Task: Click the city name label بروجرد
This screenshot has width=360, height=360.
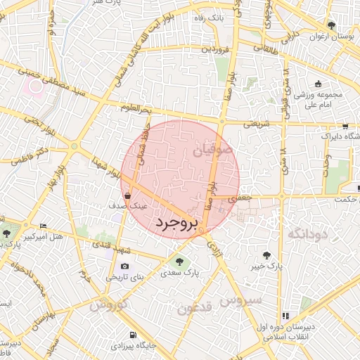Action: (176, 224)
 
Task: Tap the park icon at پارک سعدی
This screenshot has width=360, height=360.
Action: (178, 262)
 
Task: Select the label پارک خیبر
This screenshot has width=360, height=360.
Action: (266, 267)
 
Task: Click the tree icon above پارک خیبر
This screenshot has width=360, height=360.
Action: (266, 255)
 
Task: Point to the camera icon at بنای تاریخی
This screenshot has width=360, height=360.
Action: (125, 266)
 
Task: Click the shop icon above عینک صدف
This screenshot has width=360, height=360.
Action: (127, 195)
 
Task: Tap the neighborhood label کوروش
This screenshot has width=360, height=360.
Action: (108, 305)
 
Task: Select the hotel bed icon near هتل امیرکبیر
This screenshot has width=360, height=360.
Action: (43, 226)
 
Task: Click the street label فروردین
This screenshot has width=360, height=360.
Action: (216, 49)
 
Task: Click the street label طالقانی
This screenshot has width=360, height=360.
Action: (270, 48)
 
